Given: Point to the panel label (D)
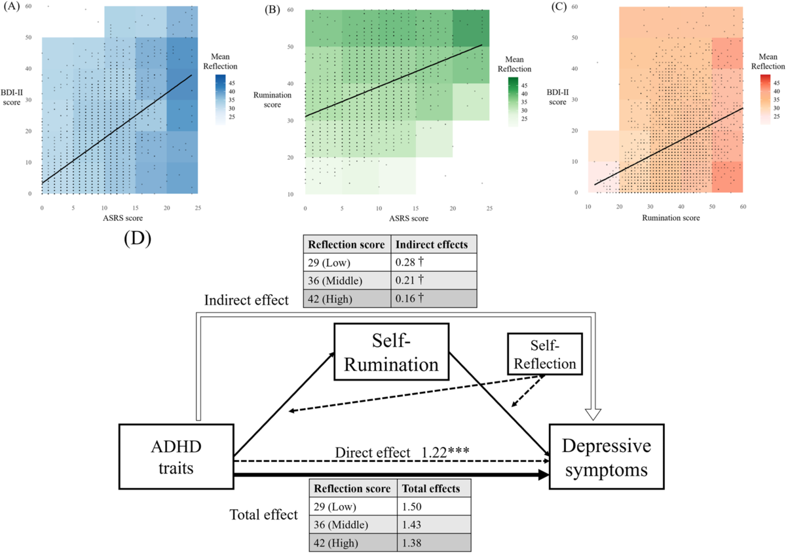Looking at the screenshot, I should [137, 237].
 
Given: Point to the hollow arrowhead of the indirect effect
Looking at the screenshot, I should [593, 413].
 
